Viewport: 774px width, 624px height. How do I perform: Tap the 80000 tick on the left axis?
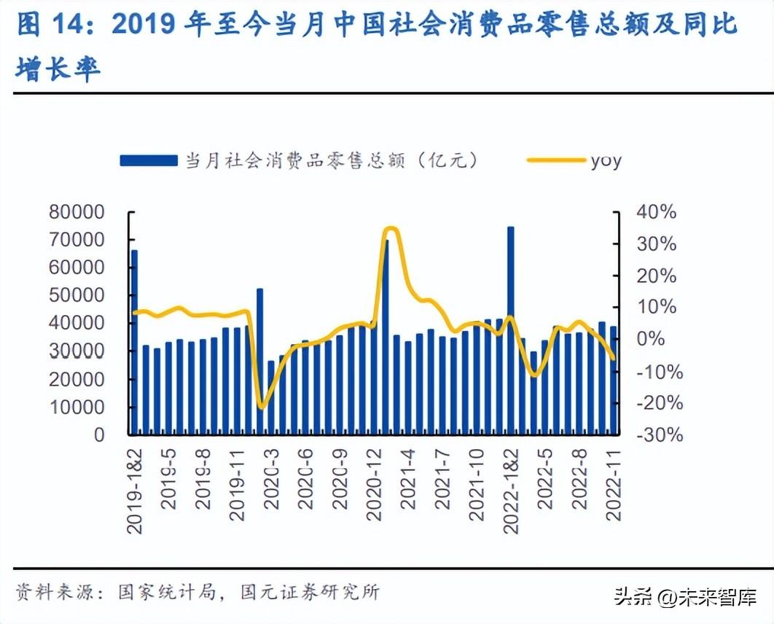click(77, 213)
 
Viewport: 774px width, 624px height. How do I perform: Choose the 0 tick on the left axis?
click(98, 434)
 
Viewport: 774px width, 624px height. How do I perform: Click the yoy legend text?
click(606, 160)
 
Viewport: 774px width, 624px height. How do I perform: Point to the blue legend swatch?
click(149, 160)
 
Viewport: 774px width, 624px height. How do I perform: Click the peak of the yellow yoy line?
click(390, 229)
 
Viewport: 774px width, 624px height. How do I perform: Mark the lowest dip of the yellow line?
click(262, 407)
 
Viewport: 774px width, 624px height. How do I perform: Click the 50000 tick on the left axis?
click(77, 296)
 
